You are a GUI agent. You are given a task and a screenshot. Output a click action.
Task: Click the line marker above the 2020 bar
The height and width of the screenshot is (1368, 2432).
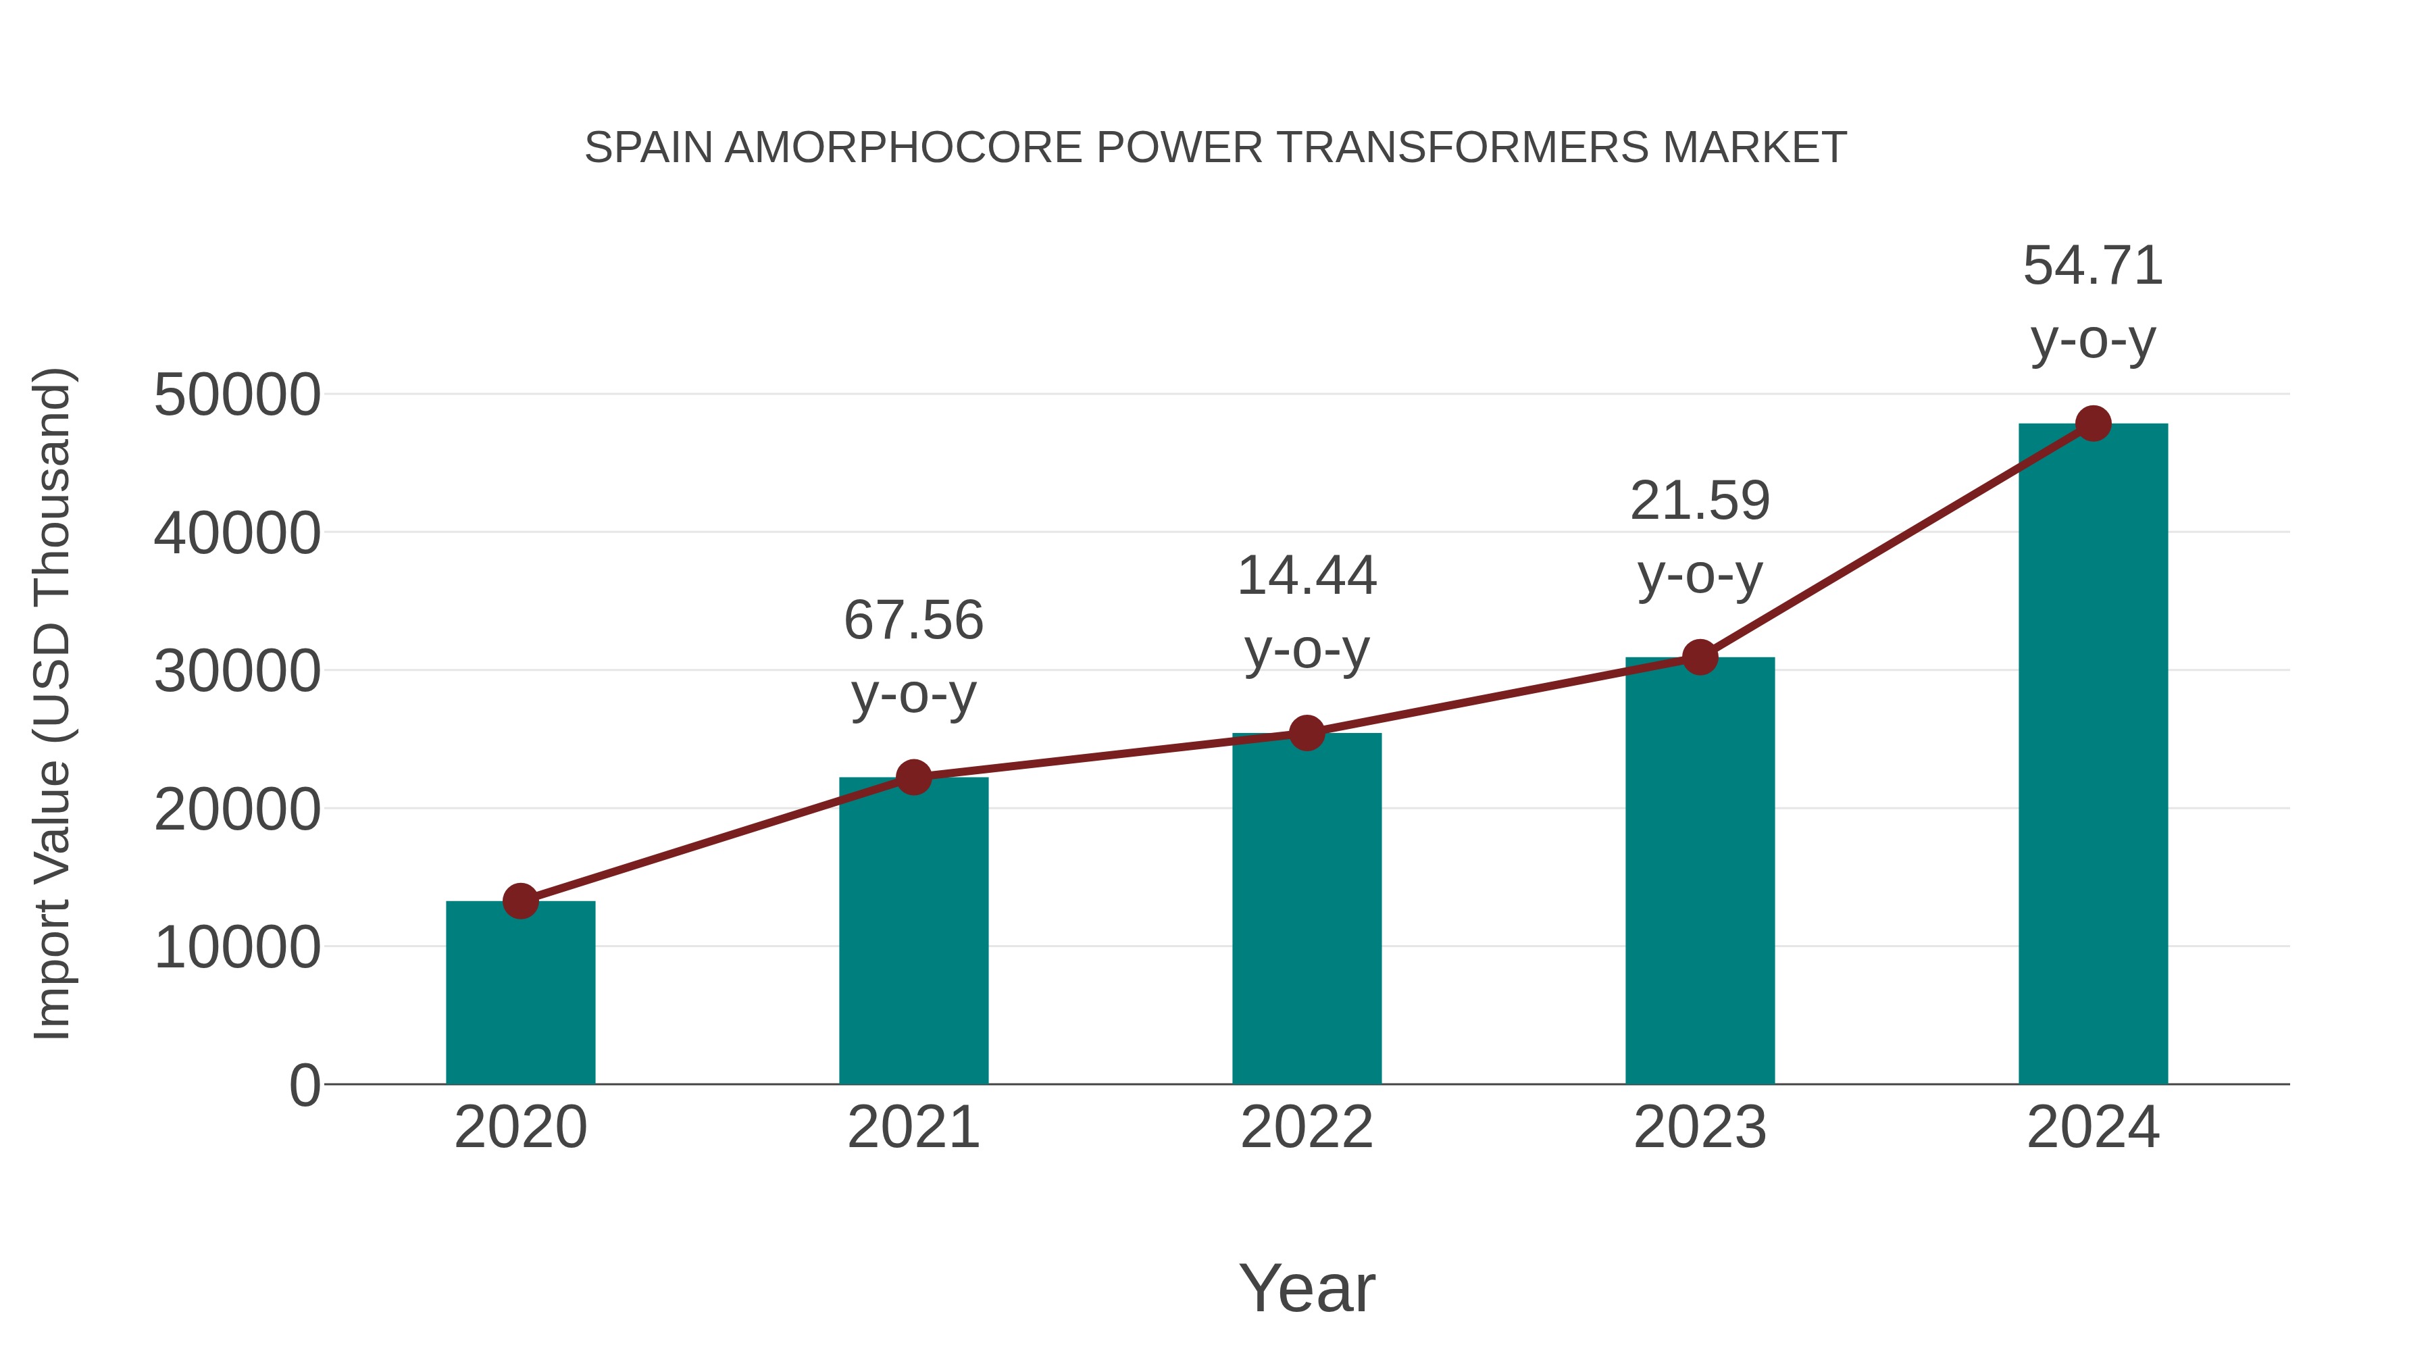click(x=520, y=902)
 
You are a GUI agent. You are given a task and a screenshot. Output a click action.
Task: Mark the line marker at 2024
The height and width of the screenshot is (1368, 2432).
click(x=2093, y=424)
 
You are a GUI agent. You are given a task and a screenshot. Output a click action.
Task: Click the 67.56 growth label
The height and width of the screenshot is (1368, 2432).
click(x=913, y=622)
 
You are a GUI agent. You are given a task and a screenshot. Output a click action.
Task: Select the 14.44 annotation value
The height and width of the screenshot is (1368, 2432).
click(x=1307, y=576)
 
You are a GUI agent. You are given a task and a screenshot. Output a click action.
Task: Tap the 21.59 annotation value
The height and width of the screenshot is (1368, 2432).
click(x=1700, y=501)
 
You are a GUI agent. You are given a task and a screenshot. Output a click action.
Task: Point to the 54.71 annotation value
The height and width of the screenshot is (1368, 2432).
click(x=2093, y=266)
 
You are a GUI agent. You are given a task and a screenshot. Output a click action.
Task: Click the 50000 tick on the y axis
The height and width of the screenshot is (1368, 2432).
click(x=237, y=396)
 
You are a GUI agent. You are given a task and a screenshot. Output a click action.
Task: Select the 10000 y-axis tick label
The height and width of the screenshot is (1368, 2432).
click(x=237, y=948)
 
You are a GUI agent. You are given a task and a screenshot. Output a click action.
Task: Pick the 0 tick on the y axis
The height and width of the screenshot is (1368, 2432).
click(x=304, y=1086)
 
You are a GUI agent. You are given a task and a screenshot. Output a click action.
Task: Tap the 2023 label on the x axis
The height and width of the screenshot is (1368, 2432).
click(x=1700, y=1128)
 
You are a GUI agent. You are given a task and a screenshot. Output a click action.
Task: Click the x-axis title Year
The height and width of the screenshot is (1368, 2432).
click(x=1307, y=1289)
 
